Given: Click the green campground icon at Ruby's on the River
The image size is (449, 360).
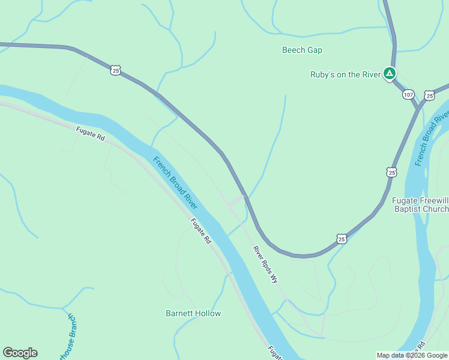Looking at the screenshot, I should coord(389,74).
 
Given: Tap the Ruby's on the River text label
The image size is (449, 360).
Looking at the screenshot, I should coord(345,74).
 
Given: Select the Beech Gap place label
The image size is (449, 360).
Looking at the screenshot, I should coord(302,50).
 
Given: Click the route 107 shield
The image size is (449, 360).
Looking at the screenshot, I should coord(408,95).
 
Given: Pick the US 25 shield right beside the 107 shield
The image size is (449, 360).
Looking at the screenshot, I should coord(429,95).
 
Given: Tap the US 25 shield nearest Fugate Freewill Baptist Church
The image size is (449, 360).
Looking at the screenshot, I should coord(391,172).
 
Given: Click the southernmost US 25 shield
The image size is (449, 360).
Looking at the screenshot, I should coord(341,239).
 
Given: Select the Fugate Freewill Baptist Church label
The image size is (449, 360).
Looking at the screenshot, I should coord(420,205).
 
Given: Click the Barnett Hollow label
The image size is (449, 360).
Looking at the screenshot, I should coord(193,313).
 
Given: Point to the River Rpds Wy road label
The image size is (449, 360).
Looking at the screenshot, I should coord(265,264).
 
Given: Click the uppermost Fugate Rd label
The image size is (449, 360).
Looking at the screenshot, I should coord(91,133).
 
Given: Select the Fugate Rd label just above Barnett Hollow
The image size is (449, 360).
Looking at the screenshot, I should coord(201,231).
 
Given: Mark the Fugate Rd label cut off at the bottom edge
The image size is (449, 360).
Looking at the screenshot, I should coord(275,353).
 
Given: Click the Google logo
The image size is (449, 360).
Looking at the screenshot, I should coord(20,353).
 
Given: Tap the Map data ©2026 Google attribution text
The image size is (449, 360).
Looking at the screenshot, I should coord(412,355).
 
